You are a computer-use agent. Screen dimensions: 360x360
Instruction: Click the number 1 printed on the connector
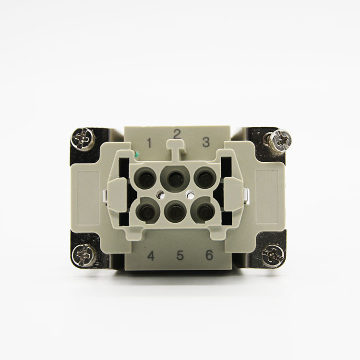click(149, 143)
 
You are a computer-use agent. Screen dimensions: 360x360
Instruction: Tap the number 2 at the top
click(177, 134)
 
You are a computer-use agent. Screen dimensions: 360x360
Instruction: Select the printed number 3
click(206, 142)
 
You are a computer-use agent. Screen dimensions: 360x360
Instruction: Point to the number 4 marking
click(151, 255)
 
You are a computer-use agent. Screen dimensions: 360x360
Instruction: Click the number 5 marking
click(180, 255)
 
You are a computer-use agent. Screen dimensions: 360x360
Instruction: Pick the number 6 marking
click(209, 254)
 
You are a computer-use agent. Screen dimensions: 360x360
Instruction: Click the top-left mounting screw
click(83, 139)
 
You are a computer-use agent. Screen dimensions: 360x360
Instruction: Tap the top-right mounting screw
click(280, 140)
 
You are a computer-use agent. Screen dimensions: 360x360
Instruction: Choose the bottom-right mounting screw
click(273, 255)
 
